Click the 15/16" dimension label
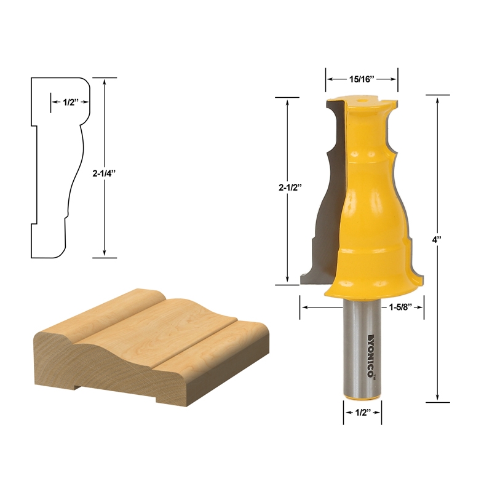(362, 79)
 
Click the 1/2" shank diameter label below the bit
(362, 413)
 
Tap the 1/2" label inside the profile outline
(69, 103)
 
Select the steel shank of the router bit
(362, 369)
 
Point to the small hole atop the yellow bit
(362, 97)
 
